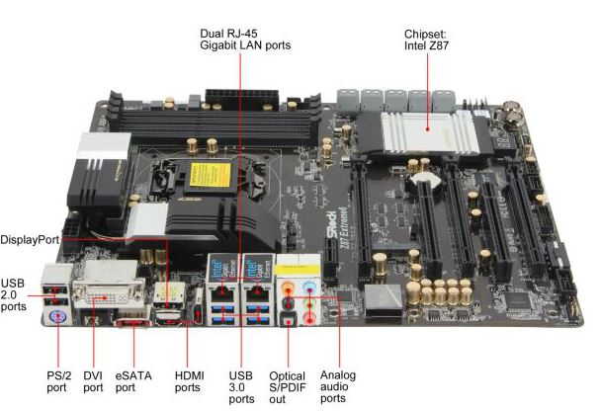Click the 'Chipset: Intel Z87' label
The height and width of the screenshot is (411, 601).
coord(426,40)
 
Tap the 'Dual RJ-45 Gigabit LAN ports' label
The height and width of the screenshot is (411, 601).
coord(245,40)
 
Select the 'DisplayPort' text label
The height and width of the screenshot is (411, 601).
coord(30,240)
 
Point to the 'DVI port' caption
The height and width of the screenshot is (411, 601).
coord(93,381)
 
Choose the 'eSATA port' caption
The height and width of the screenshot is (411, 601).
coord(133,381)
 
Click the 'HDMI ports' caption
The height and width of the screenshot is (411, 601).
coord(190,381)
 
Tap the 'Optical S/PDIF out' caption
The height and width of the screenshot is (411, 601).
coord(288,387)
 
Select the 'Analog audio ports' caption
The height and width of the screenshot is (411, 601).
coord(338,386)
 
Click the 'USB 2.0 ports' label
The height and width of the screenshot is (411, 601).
coord(14,294)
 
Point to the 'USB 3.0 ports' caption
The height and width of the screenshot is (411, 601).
coord(241,387)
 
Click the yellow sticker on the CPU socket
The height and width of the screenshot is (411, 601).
coord(211,175)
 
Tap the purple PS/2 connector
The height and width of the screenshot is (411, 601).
coord(58,317)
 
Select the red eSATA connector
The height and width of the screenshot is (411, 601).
coord(132,323)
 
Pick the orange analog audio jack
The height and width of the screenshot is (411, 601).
coord(288,287)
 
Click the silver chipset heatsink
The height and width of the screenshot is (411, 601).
coord(430,133)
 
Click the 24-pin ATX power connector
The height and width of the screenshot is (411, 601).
coord(242,99)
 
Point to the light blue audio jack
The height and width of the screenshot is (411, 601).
coord(309,287)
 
